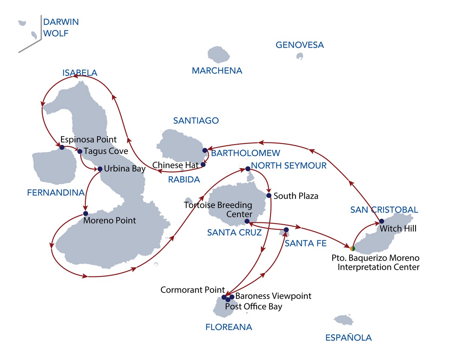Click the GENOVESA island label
[300, 45]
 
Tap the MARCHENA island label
[217, 70]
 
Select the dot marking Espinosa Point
[62, 147]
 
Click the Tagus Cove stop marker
[79, 151]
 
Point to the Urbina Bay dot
[100, 169]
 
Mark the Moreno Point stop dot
[85, 213]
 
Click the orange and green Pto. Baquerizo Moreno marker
[352, 248]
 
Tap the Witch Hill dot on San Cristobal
[381, 221]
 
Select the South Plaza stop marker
[268, 195]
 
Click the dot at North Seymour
[247, 169]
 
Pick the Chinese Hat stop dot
[203, 164]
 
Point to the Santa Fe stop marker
[286, 229]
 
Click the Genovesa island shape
[300, 56]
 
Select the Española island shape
[343, 320]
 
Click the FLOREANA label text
[229, 327]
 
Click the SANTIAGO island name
[196, 120]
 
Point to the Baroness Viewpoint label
[273, 296]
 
